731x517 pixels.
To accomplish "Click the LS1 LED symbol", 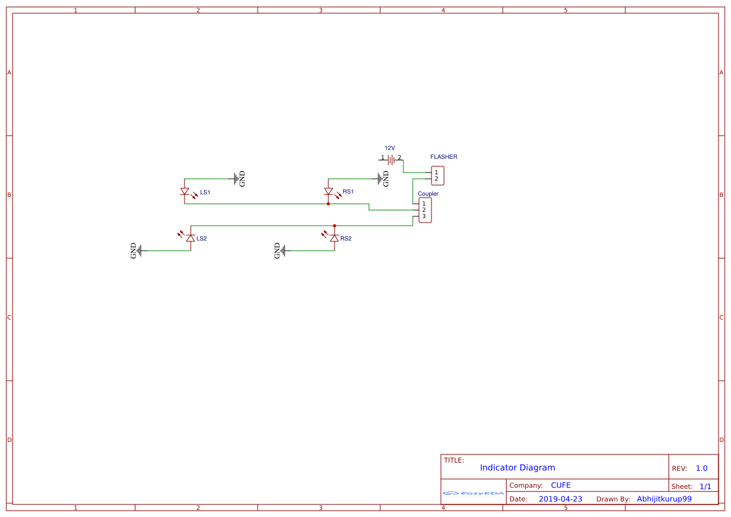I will click(x=184, y=191).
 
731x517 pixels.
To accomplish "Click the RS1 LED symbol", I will click(x=328, y=191).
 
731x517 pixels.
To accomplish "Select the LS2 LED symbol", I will click(x=191, y=238).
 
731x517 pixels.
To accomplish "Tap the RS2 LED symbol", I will click(x=335, y=238).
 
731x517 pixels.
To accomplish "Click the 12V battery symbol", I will click(x=391, y=159).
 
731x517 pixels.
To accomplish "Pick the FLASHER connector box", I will click(x=437, y=176).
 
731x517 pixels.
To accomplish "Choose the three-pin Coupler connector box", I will click(x=425, y=210).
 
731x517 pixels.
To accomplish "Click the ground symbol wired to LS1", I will click(x=238, y=179).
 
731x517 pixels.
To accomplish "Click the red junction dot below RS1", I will click(x=328, y=204).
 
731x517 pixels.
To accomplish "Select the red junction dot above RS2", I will click(x=335, y=226).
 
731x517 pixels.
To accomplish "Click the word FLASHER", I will click(x=443, y=157).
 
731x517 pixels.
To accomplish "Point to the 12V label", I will click(x=390, y=148).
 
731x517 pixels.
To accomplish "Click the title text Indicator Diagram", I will click(x=517, y=468).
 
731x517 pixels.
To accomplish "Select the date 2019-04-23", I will click(x=560, y=499).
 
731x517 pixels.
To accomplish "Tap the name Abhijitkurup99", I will click(x=664, y=499).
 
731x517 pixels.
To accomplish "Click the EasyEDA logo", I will click(x=473, y=493).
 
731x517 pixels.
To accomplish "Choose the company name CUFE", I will click(x=560, y=485).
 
